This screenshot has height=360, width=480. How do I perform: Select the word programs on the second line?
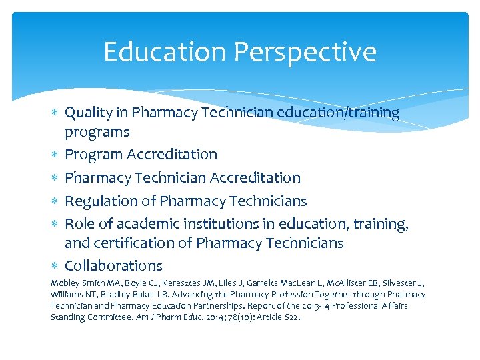pyautogui.click(x=97, y=132)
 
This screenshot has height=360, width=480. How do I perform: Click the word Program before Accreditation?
pyautogui.click(x=93, y=155)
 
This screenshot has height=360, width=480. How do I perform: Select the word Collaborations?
pyautogui.click(x=113, y=266)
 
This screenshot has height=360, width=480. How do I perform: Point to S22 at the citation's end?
pyautogui.click(x=291, y=317)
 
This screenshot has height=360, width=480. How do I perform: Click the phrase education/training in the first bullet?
pyautogui.click(x=342, y=113)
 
